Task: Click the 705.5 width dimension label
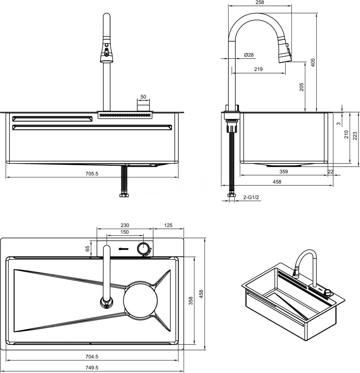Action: (x=92, y=174)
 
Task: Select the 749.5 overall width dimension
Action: (x=92, y=367)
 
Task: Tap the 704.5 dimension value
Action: (x=92, y=357)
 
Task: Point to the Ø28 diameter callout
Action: (x=249, y=55)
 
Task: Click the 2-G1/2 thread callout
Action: (x=251, y=197)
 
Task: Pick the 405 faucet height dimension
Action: (x=313, y=62)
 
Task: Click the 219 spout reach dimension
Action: (x=258, y=69)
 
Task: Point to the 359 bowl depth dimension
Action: (x=284, y=172)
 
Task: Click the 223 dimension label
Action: (x=355, y=136)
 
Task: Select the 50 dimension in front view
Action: (x=143, y=97)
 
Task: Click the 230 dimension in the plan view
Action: (x=125, y=225)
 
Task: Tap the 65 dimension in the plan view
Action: (x=87, y=248)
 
